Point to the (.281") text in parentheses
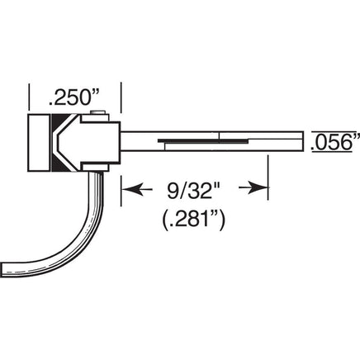coord(194,220)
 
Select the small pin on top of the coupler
coord(97,112)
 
